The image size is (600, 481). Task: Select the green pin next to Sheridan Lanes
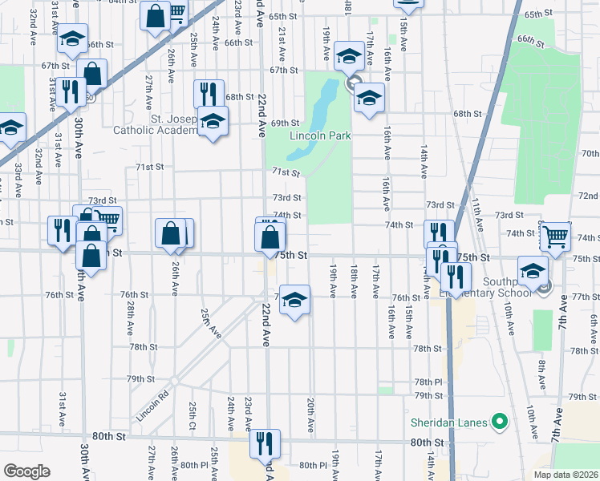click(x=500, y=421)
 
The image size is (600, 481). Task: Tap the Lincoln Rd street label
click(x=153, y=394)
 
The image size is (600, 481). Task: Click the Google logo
click(x=26, y=471)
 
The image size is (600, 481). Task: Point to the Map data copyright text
click(x=566, y=475)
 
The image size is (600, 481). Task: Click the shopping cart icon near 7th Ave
click(x=555, y=236)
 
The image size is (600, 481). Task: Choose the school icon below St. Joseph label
click(x=213, y=122)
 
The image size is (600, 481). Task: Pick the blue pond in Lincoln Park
click(x=325, y=104)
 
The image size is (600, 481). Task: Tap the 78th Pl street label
click(x=428, y=382)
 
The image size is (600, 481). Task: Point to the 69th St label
click(x=285, y=123)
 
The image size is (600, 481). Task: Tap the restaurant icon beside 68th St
click(x=209, y=94)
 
